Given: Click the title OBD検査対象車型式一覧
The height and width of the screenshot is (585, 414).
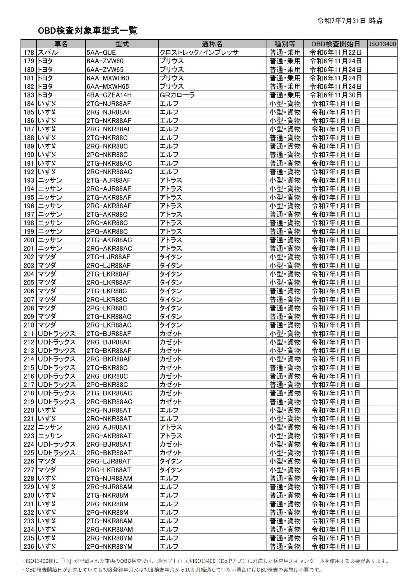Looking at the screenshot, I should [87, 31].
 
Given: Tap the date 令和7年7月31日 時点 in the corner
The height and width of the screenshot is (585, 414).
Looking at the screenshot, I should [350, 21].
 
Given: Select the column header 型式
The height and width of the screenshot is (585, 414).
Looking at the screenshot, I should [122, 44].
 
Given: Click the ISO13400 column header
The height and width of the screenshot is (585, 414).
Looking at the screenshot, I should [382, 44].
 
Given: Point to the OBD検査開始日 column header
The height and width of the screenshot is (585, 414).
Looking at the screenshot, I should [336, 44].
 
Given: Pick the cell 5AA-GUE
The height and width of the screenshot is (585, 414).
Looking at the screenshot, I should [101, 53].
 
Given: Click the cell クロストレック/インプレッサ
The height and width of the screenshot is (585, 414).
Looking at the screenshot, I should [199, 53].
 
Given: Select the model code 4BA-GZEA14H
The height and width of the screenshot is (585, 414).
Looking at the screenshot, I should [109, 95].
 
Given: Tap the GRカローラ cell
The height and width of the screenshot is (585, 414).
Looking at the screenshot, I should [177, 95].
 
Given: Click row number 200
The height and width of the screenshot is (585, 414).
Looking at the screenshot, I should [29, 240].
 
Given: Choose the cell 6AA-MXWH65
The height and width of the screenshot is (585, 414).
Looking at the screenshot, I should [108, 86].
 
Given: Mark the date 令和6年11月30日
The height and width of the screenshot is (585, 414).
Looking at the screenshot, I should [336, 95].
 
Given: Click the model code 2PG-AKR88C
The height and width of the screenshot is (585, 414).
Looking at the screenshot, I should [107, 231].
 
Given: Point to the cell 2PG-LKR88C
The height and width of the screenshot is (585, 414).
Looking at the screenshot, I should [107, 308].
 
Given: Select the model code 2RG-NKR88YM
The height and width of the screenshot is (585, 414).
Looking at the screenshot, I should [109, 538].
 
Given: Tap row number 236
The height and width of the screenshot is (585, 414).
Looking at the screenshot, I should [29, 547].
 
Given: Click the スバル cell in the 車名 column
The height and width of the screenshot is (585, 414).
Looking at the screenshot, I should [48, 53].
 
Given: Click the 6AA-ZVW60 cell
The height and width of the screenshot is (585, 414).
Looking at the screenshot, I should [105, 61].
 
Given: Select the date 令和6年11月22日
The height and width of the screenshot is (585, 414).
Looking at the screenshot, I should [336, 53].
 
